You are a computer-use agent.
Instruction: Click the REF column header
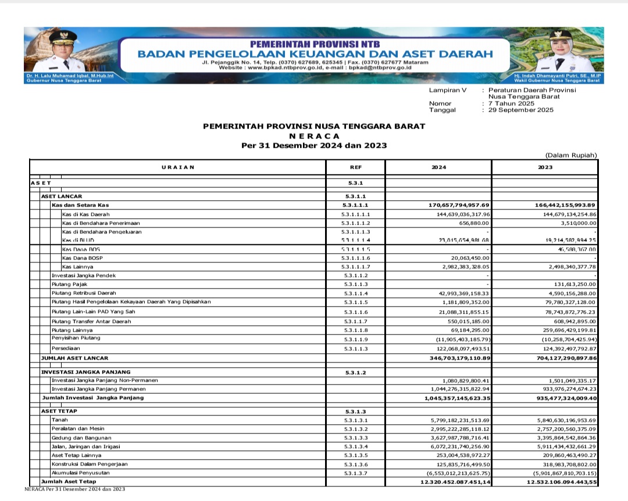[355, 168]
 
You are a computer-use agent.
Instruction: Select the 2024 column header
[438, 168]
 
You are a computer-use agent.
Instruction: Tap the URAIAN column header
[178, 168]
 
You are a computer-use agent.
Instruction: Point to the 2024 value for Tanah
[459, 420]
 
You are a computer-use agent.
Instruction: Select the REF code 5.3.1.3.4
[355, 446]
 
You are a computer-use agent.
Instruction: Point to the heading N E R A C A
[314, 136]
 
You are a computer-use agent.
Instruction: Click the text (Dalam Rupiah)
[571, 155]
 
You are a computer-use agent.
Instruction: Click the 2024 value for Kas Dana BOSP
[468, 258]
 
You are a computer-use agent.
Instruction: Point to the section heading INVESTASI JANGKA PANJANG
[85, 372]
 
